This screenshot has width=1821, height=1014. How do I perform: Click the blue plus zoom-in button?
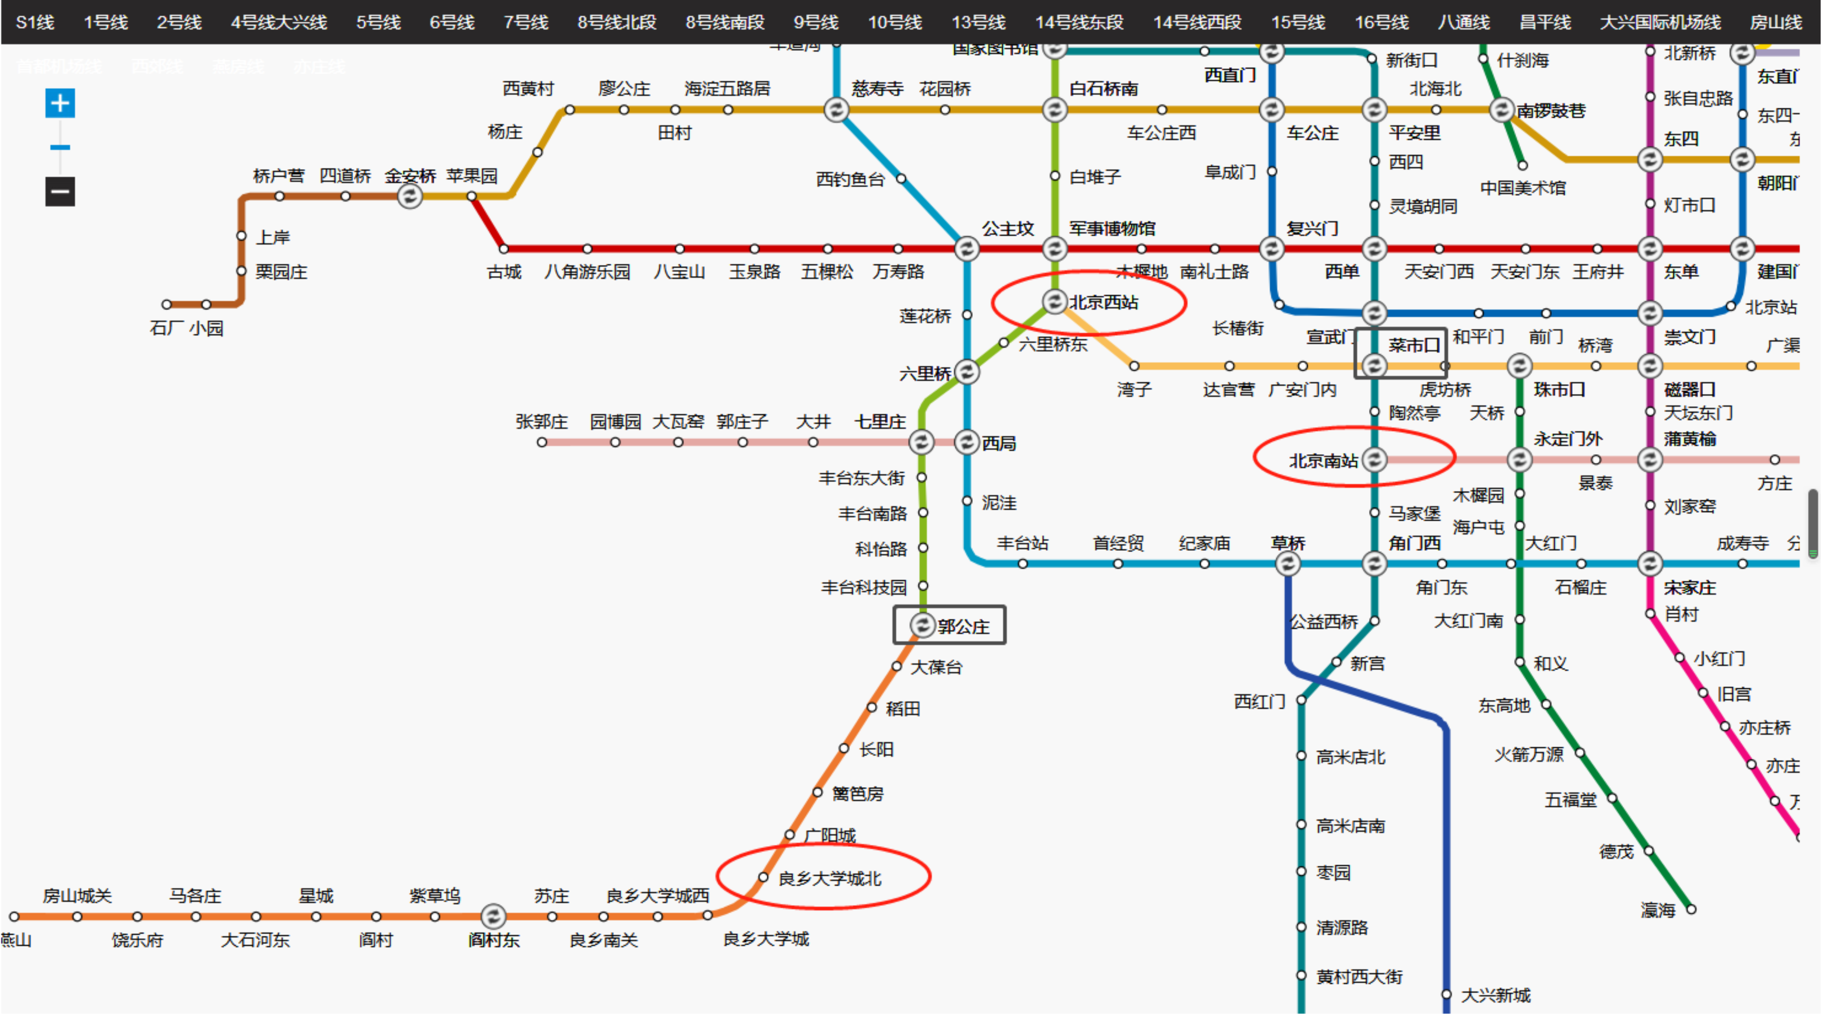tap(60, 103)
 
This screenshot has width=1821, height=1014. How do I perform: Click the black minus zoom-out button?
tap(60, 191)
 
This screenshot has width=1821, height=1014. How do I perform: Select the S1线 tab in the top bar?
tap(35, 22)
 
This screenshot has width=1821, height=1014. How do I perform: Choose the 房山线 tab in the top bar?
tap(1775, 22)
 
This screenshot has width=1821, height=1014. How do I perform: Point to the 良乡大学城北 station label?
tap(830, 878)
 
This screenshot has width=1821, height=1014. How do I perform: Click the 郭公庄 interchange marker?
tap(922, 626)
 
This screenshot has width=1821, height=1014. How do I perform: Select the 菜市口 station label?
tap(1414, 345)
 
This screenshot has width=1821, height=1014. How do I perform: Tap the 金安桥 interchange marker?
tap(409, 196)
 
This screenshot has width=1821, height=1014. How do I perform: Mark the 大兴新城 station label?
tap(1496, 996)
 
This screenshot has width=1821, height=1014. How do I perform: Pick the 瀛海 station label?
tap(1658, 910)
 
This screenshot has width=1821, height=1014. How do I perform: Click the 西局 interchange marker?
tap(966, 442)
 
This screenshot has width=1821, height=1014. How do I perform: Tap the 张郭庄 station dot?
tap(541, 442)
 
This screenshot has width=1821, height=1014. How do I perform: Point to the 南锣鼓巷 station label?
tap(1551, 111)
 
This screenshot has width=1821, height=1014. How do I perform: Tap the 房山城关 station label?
tap(77, 896)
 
